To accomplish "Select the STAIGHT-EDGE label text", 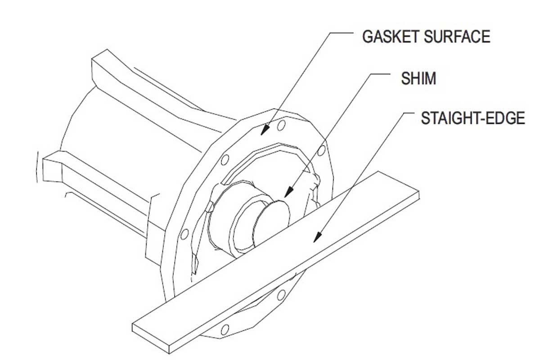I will (x=472, y=118).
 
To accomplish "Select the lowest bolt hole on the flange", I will (x=225, y=328).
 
